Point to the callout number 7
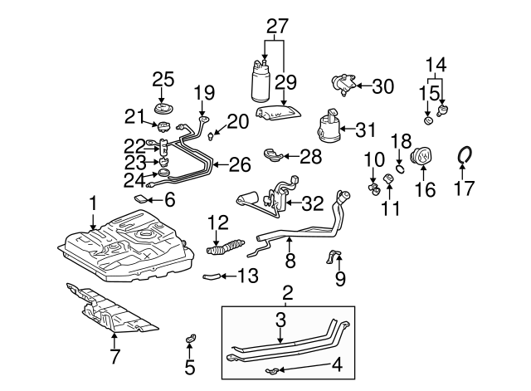(114, 358)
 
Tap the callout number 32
(312, 202)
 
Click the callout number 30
(382, 86)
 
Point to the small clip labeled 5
(189, 340)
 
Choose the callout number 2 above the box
(288, 292)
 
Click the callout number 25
(163, 80)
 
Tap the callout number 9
(339, 279)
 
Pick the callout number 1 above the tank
(94, 201)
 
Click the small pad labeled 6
(143, 199)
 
